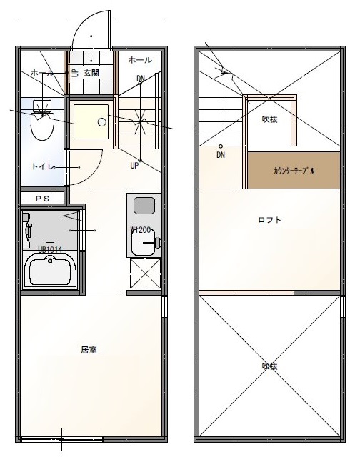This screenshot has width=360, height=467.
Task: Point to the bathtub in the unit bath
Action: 51,271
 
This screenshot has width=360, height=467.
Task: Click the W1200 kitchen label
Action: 140,230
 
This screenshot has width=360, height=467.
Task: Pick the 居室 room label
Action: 89,350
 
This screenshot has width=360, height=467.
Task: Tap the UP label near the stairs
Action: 134,166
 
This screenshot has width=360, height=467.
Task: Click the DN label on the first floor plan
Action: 141,78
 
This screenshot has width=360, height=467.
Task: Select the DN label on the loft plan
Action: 221,154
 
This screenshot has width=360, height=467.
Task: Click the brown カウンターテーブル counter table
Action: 294,171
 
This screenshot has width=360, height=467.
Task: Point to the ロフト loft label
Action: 269,220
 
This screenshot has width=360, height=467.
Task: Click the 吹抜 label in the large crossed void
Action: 269,366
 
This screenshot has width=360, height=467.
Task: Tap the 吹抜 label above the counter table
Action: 269,119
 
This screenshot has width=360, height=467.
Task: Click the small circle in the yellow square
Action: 101,121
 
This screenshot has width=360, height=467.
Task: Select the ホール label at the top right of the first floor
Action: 140,61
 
